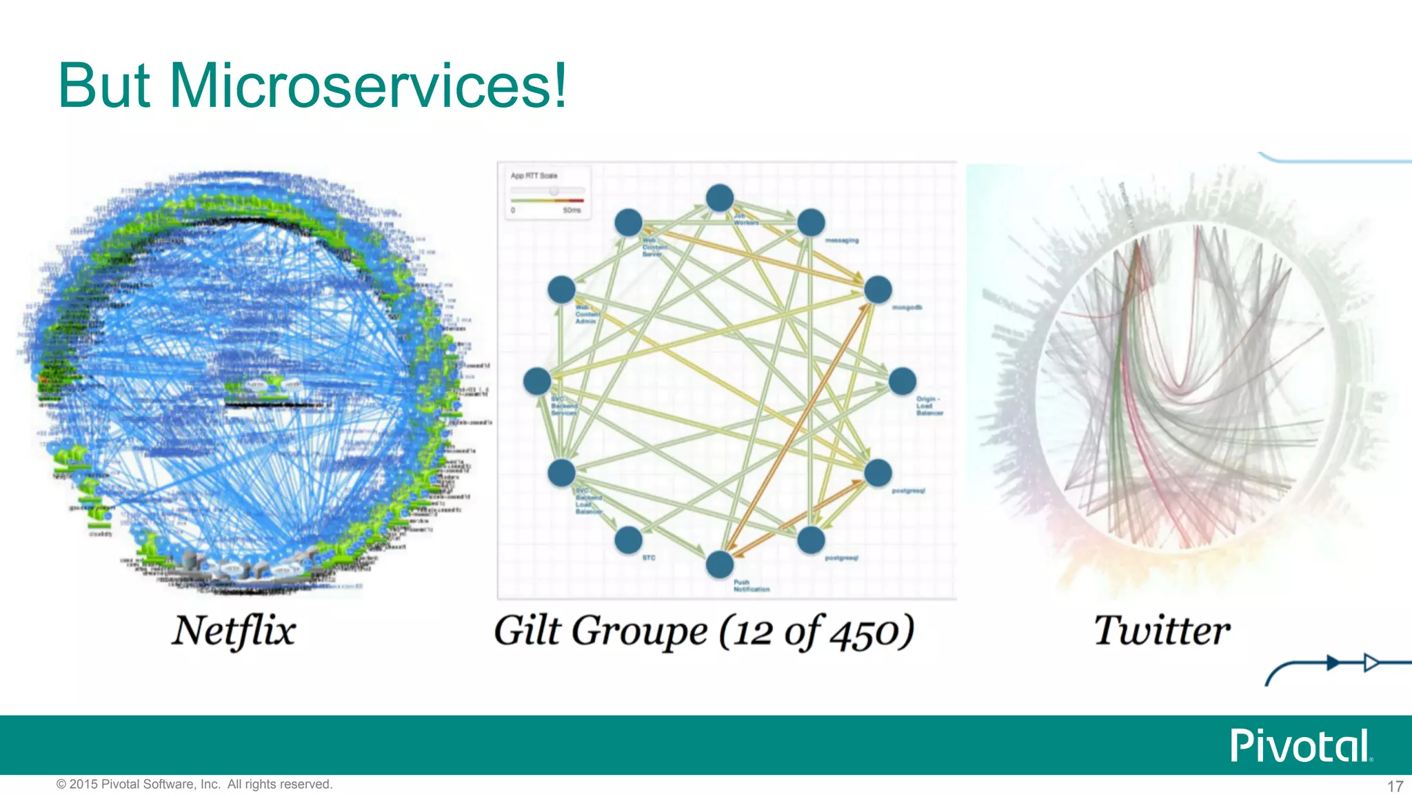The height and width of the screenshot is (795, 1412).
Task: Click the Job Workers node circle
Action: point(720,198)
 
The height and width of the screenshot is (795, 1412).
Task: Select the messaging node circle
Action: point(811,223)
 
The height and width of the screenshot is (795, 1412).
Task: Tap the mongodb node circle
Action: point(878,290)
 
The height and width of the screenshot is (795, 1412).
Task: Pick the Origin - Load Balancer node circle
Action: point(902,381)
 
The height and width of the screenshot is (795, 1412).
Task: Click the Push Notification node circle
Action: point(720,564)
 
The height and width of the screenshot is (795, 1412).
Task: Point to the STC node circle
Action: point(629,540)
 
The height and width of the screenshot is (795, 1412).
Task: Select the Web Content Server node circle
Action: point(629,223)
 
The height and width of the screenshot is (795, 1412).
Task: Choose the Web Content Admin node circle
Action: point(562,290)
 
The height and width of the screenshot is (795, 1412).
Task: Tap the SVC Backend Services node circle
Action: point(537,381)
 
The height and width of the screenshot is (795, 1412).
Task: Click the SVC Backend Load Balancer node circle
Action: point(562,473)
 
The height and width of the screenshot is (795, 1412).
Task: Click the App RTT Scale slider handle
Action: point(554,190)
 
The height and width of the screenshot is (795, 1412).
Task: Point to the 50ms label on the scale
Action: point(572,210)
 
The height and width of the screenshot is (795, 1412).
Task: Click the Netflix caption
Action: point(234,631)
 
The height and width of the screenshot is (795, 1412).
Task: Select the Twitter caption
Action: point(1162,631)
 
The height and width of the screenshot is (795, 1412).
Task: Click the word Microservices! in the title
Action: point(368,86)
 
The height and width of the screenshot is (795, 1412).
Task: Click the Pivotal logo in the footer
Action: point(1300,746)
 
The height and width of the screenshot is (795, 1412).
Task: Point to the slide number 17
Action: point(1395,786)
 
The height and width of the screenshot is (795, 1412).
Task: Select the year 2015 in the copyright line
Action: point(84,784)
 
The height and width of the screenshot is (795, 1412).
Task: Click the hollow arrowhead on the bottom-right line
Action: point(1371,663)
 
